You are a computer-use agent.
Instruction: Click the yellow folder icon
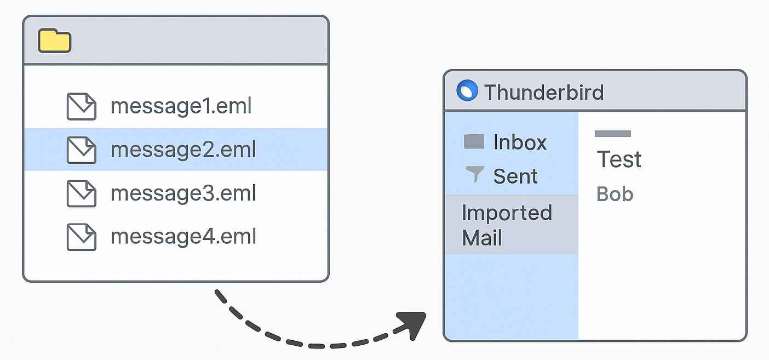pyautogui.click(x=54, y=41)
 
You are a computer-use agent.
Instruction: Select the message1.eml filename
pyautogui.click(x=181, y=106)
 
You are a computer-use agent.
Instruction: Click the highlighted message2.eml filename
pyautogui.click(x=183, y=150)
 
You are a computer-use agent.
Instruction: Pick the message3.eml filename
pyautogui.click(x=183, y=193)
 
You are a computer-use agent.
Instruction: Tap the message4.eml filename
pyautogui.click(x=183, y=237)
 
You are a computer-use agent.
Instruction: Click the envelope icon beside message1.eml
pyautogui.click(x=81, y=106)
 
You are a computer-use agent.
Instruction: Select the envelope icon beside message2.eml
pyautogui.click(x=81, y=150)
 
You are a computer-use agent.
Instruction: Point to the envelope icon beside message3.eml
pyautogui.click(x=81, y=193)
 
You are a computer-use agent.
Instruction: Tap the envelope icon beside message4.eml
pyautogui.click(x=81, y=237)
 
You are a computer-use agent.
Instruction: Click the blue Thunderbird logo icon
pyautogui.click(x=467, y=91)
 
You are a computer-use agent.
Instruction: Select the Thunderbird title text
pyautogui.click(x=543, y=92)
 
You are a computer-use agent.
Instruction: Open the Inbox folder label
pyautogui.click(x=520, y=142)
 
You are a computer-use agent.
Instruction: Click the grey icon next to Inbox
pyautogui.click(x=474, y=142)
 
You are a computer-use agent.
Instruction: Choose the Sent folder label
pyautogui.click(x=515, y=176)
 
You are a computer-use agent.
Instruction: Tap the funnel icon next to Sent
pyautogui.click(x=474, y=174)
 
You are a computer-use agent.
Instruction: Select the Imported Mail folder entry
pyautogui.click(x=507, y=225)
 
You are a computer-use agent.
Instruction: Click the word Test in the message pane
pyautogui.click(x=619, y=159)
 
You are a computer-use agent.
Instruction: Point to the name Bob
pyautogui.click(x=615, y=194)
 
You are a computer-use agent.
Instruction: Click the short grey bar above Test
pyautogui.click(x=612, y=133)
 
